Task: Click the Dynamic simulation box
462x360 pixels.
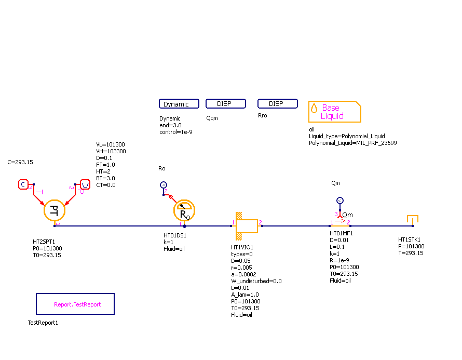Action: click(x=179, y=104)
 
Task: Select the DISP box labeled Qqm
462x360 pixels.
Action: click(x=225, y=104)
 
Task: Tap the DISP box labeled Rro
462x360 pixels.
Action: click(x=277, y=104)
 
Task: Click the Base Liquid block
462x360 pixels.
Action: click(x=334, y=111)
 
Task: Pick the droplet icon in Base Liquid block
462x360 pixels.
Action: click(x=314, y=108)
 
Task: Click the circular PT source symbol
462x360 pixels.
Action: click(x=53, y=210)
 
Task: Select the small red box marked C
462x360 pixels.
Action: click(x=23, y=184)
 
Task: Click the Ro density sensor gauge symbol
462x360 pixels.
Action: click(x=184, y=210)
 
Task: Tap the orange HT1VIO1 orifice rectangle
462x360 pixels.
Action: click(x=246, y=226)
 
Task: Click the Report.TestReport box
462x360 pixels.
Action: click(x=75, y=304)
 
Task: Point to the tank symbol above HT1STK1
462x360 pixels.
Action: click(x=412, y=220)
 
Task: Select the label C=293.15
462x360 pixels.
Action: click(x=20, y=162)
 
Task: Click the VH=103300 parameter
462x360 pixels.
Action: click(x=111, y=151)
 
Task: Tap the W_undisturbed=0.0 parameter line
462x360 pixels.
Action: click(x=256, y=281)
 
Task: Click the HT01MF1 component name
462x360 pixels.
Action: click(x=341, y=233)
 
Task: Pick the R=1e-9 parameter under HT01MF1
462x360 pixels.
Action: click(x=339, y=260)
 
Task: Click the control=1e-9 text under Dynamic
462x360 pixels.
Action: click(x=176, y=132)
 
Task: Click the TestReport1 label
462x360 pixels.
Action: click(x=43, y=323)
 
